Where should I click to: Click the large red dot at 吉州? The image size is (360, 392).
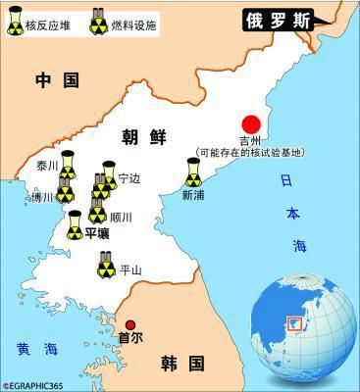tap(253, 124)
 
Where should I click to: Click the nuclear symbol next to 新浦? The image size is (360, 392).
tap(194, 173)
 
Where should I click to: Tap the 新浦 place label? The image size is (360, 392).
tap(194, 194)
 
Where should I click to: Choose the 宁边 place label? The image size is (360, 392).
tap(129, 178)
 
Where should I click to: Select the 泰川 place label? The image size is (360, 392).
tap(48, 166)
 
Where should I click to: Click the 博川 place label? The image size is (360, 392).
tap(41, 197)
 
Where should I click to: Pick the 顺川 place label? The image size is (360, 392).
tap(121, 217)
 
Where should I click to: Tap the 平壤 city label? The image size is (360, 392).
tap(97, 233)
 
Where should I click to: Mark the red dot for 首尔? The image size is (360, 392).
tap(129, 326)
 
